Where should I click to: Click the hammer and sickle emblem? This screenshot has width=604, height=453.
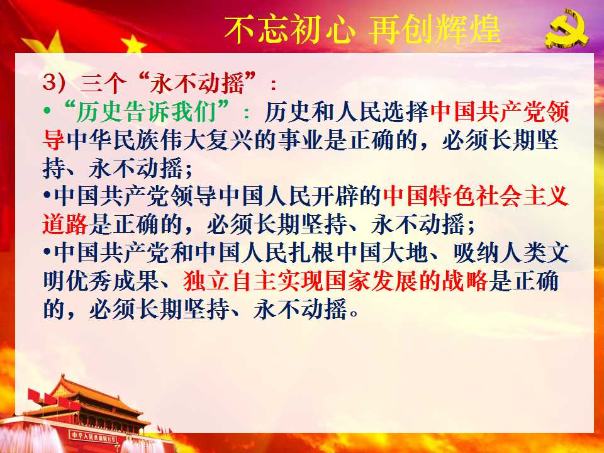567,28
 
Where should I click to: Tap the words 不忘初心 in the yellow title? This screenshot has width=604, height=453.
289,30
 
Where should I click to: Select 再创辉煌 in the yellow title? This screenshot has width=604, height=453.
435,30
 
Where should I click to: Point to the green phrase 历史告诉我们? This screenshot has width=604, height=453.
146,112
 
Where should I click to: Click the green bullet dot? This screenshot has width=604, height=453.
47,112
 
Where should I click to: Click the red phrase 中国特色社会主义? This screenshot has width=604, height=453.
476,196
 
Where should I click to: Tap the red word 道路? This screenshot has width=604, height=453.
65,224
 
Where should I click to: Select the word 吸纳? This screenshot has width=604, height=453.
476,253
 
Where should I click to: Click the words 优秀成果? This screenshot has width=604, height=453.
113,281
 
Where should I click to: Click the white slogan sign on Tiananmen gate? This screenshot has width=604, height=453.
93,437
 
